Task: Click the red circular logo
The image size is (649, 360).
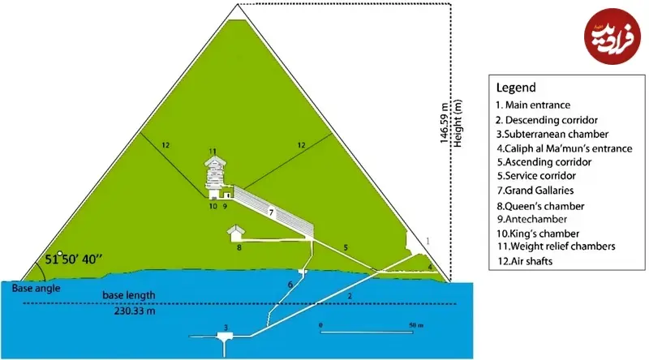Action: point(612,36)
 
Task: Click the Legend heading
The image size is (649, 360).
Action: point(516,88)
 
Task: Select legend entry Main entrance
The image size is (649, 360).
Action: point(533,105)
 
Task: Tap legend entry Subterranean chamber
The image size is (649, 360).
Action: point(552,134)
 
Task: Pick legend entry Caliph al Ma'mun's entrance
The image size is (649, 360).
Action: point(565,148)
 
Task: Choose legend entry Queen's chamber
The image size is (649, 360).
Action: point(540,206)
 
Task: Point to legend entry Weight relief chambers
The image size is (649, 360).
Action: point(557,246)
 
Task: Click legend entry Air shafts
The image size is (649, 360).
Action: point(525,261)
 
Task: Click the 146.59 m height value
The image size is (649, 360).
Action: point(444,123)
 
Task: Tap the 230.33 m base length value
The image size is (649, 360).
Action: point(135,311)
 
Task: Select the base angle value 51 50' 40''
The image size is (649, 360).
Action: point(73,259)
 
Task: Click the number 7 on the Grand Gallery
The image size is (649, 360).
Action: point(271,212)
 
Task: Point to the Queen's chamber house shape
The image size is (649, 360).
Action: point(235,233)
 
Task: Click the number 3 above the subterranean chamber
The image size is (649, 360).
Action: point(226,328)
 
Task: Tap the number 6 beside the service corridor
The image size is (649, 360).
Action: point(290,285)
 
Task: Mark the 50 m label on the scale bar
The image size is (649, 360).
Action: point(416,325)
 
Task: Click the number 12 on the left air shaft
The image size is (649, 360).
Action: point(165,145)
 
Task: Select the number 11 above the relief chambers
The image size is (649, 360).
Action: point(213,152)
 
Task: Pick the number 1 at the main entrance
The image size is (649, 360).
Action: point(428,241)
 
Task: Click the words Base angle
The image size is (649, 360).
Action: point(36,289)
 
